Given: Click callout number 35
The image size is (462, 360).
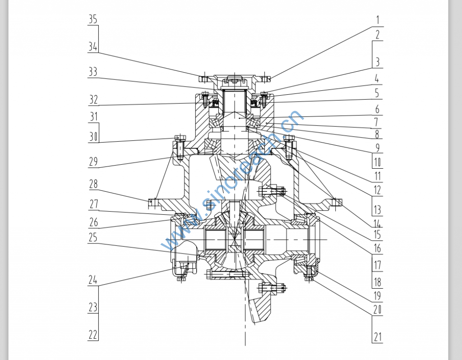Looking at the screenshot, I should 92,19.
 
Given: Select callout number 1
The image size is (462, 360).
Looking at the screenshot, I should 377,20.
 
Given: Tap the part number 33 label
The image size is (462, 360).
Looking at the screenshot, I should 92,72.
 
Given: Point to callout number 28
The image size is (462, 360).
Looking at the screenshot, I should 93,184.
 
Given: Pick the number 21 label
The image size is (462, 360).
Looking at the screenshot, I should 377,337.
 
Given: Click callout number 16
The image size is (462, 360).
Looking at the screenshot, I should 377,248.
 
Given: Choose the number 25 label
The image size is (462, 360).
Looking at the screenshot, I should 92,238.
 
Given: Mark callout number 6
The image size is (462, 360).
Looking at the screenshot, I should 377,109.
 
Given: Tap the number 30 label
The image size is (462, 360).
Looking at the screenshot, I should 92,136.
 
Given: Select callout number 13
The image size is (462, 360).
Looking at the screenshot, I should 377,210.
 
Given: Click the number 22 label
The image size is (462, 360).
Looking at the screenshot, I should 92,335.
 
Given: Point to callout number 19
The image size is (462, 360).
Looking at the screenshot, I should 377,296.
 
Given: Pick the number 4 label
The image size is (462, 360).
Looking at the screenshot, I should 377,78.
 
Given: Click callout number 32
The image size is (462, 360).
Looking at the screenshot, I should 92,99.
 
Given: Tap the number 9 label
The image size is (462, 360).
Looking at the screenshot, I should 377,147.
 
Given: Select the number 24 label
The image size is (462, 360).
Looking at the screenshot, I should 92,280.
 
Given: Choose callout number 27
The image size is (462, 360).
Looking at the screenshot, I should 93,204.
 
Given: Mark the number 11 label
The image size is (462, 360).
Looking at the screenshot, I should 377,176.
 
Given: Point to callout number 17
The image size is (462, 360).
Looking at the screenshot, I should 377,265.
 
